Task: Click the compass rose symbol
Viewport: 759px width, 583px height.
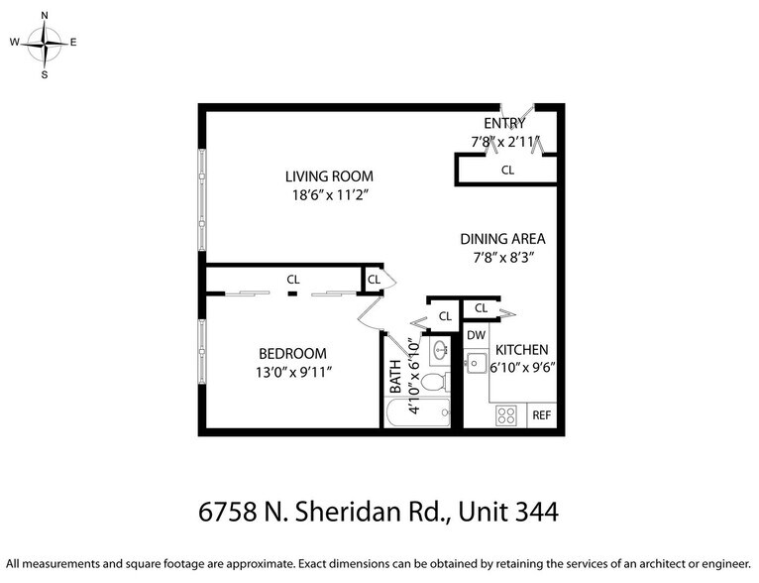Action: pyautogui.click(x=44, y=43)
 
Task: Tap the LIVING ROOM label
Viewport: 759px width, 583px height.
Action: pyautogui.click(x=329, y=176)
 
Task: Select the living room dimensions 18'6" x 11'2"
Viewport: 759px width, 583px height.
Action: pyautogui.click(x=329, y=195)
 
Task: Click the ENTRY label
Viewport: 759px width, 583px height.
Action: pyautogui.click(x=503, y=123)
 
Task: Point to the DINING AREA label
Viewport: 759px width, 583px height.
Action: pyautogui.click(x=502, y=239)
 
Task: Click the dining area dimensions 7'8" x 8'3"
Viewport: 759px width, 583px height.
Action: pyautogui.click(x=502, y=258)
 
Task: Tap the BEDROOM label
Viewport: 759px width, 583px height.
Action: pyautogui.click(x=292, y=353)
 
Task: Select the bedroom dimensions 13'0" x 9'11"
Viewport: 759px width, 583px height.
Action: pyautogui.click(x=292, y=372)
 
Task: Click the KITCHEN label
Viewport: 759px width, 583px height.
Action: pyautogui.click(x=521, y=350)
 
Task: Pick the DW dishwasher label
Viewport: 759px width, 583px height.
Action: pyautogui.click(x=476, y=335)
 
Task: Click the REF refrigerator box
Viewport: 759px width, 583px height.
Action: pyautogui.click(x=542, y=415)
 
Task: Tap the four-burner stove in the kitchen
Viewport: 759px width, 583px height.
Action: pyautogui.click(x=506, y=415)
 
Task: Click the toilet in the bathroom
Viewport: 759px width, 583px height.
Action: pyautogui.click(x=442, y=383)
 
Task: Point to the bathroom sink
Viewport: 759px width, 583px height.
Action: pyautogui.click(x=440, y=349)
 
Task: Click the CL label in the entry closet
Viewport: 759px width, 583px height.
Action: pyautogui.click(x=507, y=170)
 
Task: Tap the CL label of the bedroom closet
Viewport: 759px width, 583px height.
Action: pyautogui.click(x=293, y=280)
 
